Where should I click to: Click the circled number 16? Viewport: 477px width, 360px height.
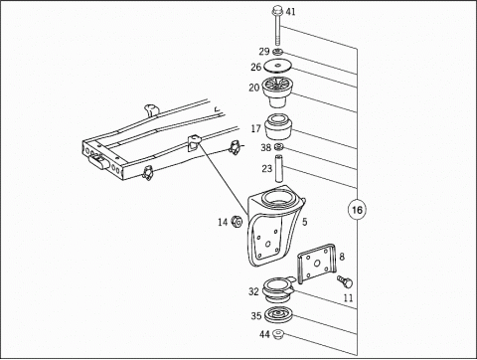coord(357,210)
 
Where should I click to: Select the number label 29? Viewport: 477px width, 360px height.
coord(264,52)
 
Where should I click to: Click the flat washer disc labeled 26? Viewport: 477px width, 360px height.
coord(277,66)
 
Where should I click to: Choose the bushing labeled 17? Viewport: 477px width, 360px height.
coord(278,126)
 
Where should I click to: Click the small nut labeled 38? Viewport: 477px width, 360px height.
coord(279,147)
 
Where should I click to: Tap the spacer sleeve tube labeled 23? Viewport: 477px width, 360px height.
coord(278,168)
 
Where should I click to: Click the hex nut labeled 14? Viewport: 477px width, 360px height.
coord(237,221)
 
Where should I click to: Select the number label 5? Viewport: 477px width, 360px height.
coord(304,222)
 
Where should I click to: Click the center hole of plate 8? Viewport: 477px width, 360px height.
coord(317,264)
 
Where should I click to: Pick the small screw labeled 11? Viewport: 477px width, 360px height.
coord(345,281)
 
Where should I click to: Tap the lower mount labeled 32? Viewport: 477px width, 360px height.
coord(278,289)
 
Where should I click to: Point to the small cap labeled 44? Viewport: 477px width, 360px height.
coord(278,334)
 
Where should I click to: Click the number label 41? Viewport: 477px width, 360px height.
coord(290,12)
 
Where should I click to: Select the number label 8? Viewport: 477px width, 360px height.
coord(342,257)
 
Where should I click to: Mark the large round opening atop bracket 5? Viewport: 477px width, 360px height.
coord(278,197)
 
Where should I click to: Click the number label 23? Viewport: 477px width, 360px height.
coord(267,169)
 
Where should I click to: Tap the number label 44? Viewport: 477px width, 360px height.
coord(264,334)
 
